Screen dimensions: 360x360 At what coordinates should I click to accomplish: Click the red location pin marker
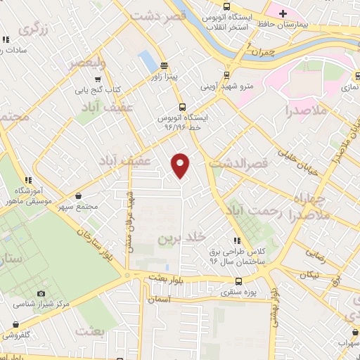[181, 165]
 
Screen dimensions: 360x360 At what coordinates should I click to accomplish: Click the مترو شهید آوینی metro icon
[226, 75]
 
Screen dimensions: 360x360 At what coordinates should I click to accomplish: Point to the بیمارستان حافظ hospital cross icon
[283, 13]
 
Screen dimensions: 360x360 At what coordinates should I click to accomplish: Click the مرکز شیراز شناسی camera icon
[41, 293]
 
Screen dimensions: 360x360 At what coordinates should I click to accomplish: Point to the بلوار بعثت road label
[166, 276]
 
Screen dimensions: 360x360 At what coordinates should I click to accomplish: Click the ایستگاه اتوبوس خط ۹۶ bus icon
[182, 107]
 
